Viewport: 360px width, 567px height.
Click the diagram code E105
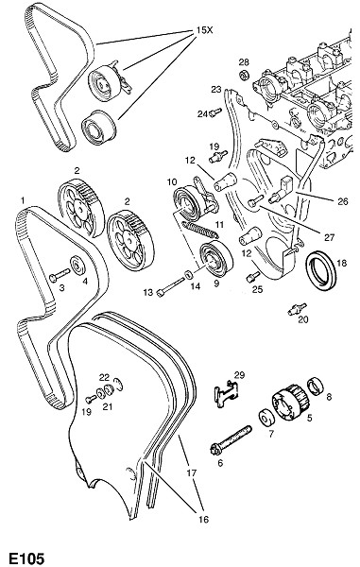pos(26,558)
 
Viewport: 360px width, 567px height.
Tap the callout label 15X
pos(205,30)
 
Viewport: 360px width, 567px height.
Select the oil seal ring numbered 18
pos(321,271)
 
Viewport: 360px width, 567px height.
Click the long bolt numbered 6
pos(231,441)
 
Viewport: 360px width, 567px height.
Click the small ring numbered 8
pos(316,386)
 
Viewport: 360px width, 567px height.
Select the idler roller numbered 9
pos(216,260)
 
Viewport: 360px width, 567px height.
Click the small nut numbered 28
pos(246,75)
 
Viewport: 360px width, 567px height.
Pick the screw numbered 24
pos(215,112)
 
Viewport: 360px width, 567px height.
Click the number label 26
pos(343,201)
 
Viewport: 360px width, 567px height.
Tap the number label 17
pos(192,472)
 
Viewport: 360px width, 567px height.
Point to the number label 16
pos(204,519)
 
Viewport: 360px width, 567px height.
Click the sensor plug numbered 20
pos(298,310)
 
